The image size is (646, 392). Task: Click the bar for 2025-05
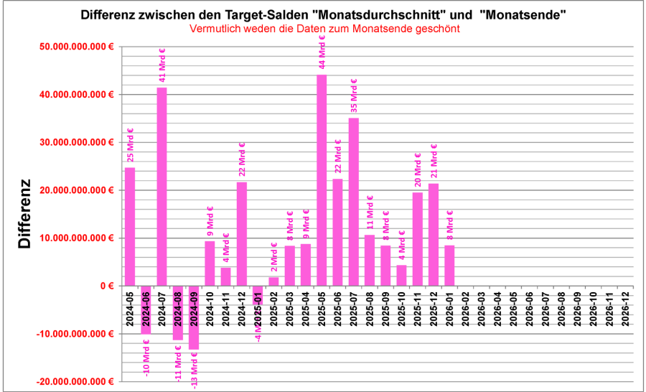click(322, 179)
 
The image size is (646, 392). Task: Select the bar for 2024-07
click(162, 187)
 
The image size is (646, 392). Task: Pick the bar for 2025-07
click(354, 202)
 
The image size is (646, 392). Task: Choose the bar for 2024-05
click(130, 226)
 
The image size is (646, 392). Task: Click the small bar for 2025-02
click(273, 281)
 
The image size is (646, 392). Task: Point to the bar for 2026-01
click(450, 266)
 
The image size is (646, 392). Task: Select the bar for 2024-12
click(242, 233)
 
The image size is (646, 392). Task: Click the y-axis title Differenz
click(25, 214)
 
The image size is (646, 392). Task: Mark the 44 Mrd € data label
click(322, 51)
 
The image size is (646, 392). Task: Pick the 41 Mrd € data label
click(162, 65)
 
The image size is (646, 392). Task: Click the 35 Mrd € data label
click(354, 96)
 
